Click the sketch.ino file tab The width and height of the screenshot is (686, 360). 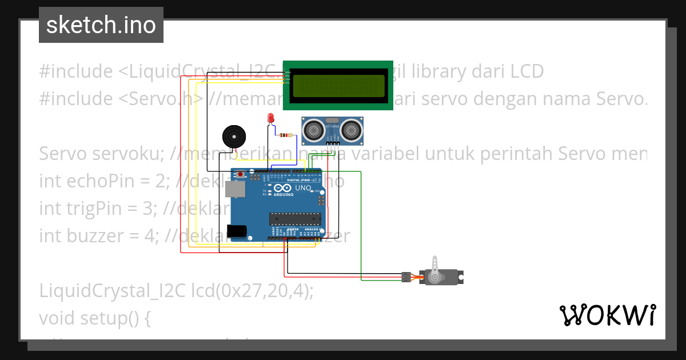click(x=101, y=25)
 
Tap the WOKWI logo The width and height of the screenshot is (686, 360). click(x=607, y=315)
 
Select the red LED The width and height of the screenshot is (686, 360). click(x=271, y=119)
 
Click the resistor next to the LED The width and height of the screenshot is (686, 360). click(x=284, y=135)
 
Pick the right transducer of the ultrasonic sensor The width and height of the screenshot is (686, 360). click(x=350, y=131)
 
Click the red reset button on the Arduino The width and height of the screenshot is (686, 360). click(x=241, y=174)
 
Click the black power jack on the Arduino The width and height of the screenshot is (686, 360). click(x=237, y=231)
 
